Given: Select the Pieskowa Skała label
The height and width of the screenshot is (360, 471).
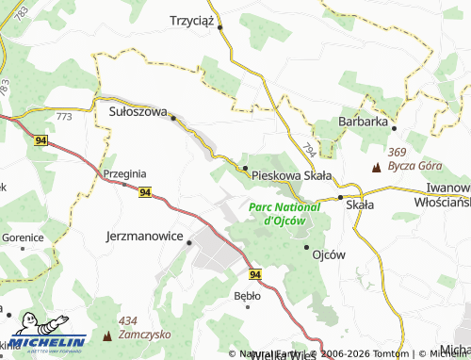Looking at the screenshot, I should (x=291, y=175).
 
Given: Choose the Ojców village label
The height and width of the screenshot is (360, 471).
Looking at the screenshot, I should (x=329, y=254).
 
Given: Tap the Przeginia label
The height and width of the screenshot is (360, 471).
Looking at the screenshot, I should (x=124, y=174).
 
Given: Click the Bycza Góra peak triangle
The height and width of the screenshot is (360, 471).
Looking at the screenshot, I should (x=377, y=167).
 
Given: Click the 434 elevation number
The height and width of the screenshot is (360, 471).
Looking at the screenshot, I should (x=128, y=320).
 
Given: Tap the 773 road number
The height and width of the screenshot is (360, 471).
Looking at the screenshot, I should (x=64, y=116).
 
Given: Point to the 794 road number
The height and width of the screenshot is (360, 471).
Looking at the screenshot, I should (x=310, y=149).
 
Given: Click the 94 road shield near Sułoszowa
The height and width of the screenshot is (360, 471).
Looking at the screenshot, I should (x=41, y=139).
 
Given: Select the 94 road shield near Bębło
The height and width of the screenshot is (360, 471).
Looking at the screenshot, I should (x=255, y=273).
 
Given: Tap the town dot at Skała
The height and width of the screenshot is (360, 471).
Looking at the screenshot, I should (x=340, y=198).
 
